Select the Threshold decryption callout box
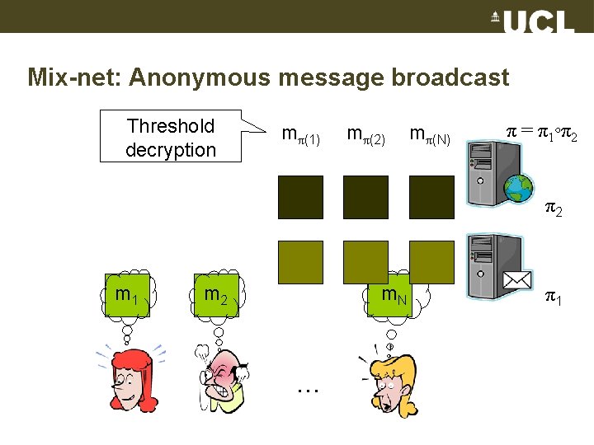tap(171, 138)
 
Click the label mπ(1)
tap(300, 135)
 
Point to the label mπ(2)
tap(365, 135)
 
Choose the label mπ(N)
tap(429, 135)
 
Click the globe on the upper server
tap(519, 190)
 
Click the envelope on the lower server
tap(518, 280)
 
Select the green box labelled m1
tap(126, 293)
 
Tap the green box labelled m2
tap(215, 293)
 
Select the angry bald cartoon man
tap(220, 379)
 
